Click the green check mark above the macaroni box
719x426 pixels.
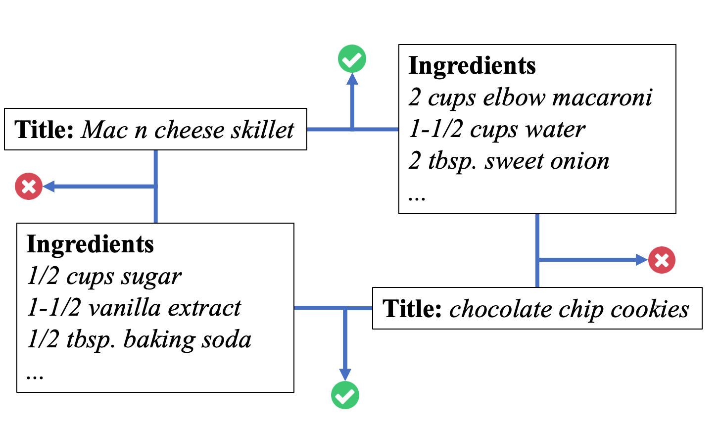point(352,59)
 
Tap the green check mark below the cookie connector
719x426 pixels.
point(345,395)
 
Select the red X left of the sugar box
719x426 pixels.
point(29,187)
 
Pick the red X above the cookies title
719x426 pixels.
point(662,260)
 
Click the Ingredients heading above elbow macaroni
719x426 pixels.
point(472,66)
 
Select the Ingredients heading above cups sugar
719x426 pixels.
point(90,244)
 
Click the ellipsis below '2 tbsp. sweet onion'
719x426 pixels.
point(417,197)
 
